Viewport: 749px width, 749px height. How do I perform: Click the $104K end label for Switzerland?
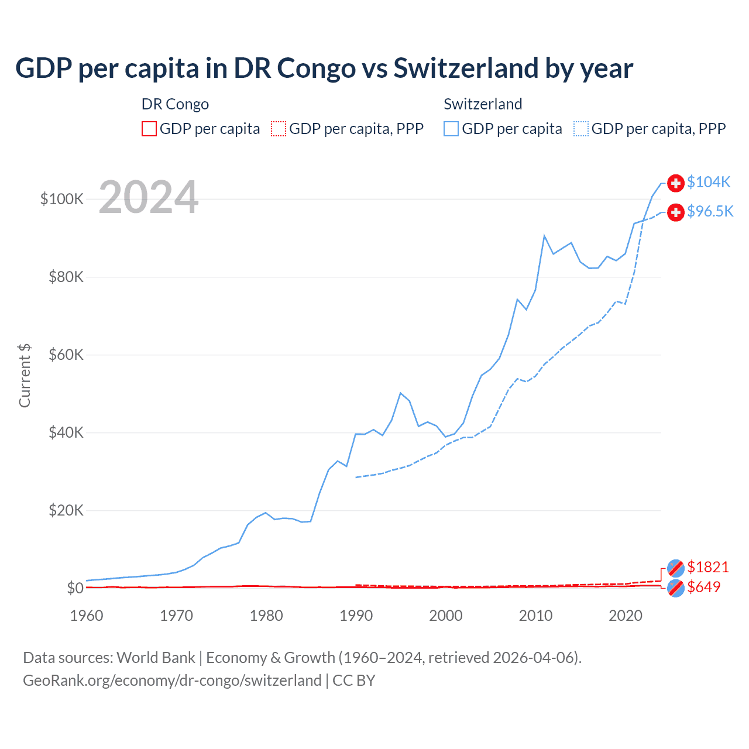pos(709,183)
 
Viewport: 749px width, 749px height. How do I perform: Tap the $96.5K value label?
pos(710,212)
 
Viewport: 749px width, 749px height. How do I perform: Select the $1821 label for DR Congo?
pos(707,567)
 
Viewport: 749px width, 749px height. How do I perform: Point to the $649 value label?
pos(703,587)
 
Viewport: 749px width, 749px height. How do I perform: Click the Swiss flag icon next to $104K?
pos(676,183)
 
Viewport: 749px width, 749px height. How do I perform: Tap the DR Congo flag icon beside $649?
pos(676,588)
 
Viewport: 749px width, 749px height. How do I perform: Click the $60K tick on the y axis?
pos(66,355)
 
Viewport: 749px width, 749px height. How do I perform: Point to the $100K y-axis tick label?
pos(62,200)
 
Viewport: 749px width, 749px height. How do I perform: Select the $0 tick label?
pos(75,588)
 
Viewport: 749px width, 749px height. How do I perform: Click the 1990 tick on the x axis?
pos(356,616)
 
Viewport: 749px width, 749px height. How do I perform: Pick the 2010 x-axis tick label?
pos(535,616)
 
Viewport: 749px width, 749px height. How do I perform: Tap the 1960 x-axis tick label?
pos(87,616)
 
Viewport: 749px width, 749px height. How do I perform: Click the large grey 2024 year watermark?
pos(149,198)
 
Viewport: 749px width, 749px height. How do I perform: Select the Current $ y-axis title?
pos(25,376)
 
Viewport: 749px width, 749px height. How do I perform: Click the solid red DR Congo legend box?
pos(149,129)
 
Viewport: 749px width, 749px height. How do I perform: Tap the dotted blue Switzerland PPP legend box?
pos(581,129)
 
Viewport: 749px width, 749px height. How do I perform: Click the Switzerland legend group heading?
pos(483,104)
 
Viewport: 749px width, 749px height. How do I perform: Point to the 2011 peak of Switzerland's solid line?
pos(544,236)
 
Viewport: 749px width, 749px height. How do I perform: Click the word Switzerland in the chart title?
pos(466,68)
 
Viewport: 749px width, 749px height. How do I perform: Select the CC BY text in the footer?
pos(354,681)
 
